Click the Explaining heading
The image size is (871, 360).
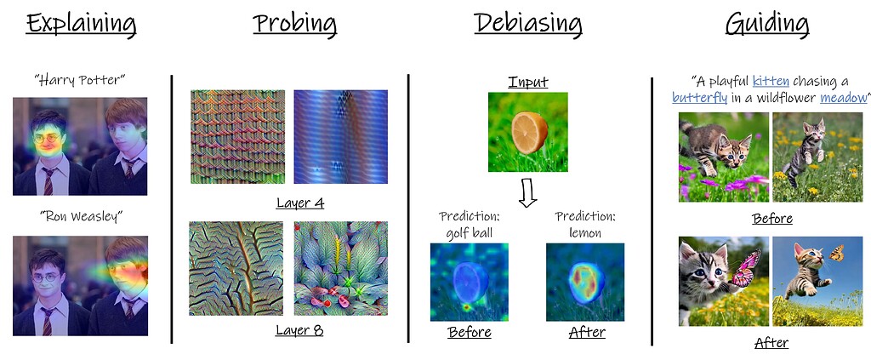pyautogui.click(x=81, y=26)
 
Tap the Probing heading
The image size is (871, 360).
pyautogui.click(x=295, y=26)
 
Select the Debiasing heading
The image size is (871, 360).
pyautogui.click(x=527, y=26)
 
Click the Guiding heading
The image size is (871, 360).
pyautogui.click(x=767, y=26)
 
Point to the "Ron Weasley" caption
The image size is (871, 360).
pyautogui.click(x=81, y=217)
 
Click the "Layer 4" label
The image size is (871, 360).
pyautogui.click(x=300, y=203)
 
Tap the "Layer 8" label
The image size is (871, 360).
pyautogui.click(x=300, y=331)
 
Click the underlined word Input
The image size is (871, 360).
pyautogui.click(x=527, y=83)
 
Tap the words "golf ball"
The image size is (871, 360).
pyautogui.click(x=469, y=233)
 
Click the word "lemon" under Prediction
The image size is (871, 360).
pyautogui.click(x=585, y=233)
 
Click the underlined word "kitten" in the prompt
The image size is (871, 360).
pyautogui.click(x=771, y=82)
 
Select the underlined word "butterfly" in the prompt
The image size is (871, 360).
pyautogui.click(x=699, y=99)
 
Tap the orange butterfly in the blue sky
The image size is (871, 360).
pyautogui.click(x=837, y=254)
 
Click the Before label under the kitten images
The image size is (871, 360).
pyautogui.click(x=772, y=219)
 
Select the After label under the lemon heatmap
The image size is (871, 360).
pyautogui.click(x=587, y=332)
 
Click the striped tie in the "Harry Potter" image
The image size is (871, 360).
pyautogui.click(x=48, y=181)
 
